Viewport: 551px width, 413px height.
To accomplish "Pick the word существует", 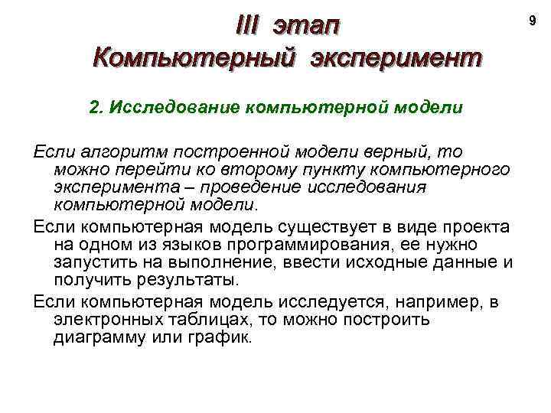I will point(295,227).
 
